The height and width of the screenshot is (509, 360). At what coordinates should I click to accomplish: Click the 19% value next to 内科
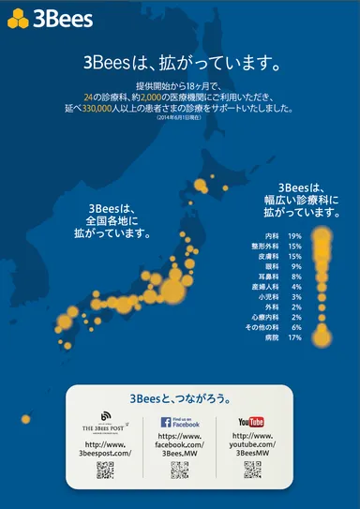[x=294, y=236]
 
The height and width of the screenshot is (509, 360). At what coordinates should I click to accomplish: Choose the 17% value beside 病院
[x=294, y=337]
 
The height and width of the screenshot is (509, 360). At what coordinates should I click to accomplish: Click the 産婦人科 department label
[x=268, y=287]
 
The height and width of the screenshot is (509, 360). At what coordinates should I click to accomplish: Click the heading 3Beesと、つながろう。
[x=180, y=397]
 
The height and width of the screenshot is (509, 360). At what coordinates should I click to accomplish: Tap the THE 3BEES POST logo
[x=104, y=422]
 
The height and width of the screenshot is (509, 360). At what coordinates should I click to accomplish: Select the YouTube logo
[x=251, y=422]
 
